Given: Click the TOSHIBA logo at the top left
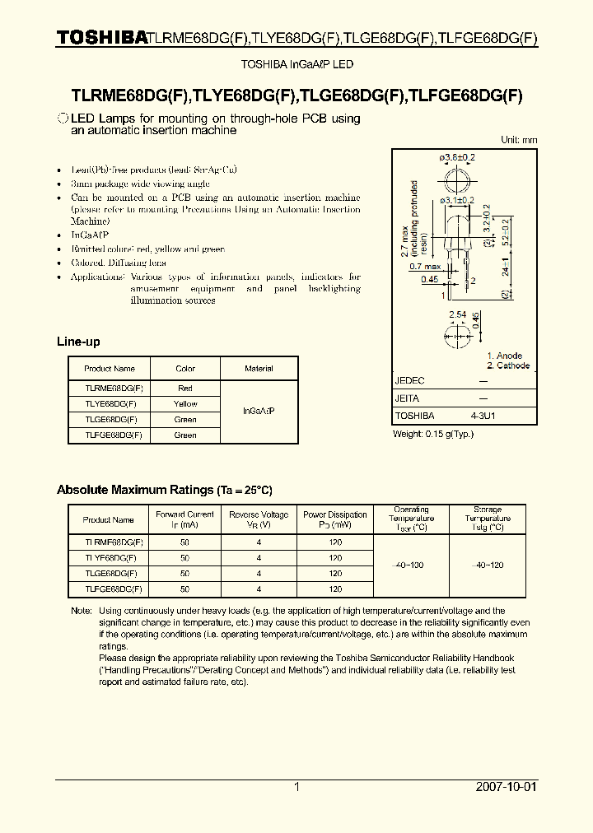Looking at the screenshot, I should pyautogui.click(x=101, y=37).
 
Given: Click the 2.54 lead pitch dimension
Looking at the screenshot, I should pyautogui.click(x=458, y=314).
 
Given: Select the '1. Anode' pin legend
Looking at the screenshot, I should pyautogui.click(x=504, y=356).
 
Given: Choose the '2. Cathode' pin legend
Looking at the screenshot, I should pyautogui.click(x=507, y=365).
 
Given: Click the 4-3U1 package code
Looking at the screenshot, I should pyautogui.click(x=483, y=416).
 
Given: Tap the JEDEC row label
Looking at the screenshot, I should pyautogui.click(x=410, y=381).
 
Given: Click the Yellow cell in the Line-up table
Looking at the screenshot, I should pyautogui.click(x=185, y=404).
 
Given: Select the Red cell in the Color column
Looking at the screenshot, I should pyautogui.click(x=185, y=388).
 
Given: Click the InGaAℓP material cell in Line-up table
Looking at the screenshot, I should pyautogui.click(x=259, y=411).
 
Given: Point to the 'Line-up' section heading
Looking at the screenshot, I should pyautogui.click(x=78, y=341).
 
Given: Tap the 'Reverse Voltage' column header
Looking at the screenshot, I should pyautogui.click(x=259, y=519).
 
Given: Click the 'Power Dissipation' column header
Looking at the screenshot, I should pyautogui.click(x=335, y=519).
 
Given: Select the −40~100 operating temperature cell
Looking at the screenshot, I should pyautogui.click(x=411, y=565).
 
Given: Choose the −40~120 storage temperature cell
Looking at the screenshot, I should pyautogui.click(x=488, y=565).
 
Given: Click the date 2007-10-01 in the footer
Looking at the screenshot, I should pyautogui.click(x=506, y=787).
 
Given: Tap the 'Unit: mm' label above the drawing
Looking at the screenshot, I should pyautogui.click(x=519, y=140).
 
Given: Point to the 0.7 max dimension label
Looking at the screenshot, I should pyautogui.click(x=425, y=267).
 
